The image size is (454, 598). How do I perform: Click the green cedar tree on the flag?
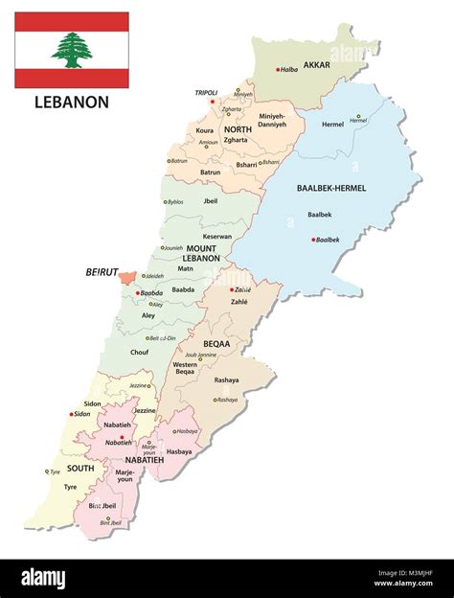pyautogui.click(x=71, y=50)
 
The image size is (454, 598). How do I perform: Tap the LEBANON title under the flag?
pyautogui.click(x=71, y=102)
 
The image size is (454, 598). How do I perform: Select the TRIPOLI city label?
pyautogui.click(x=208, y=92)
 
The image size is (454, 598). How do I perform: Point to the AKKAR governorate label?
pyautogui.click(x=316, y=65)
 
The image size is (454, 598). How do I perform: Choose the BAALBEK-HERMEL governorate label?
pyautogui.click(x=358, y=189)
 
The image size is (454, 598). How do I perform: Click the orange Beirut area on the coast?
pyautogui.click(x=126, y=277)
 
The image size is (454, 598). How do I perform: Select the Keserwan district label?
pyautogui.click(x=216, y=236)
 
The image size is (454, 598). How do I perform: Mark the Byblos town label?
pyautogui.click(x=175, y=201)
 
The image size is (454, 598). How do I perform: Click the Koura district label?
pyautogui.click(x=205, y=129)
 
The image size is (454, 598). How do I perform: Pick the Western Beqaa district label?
pyautogui.click(x=185, y=369)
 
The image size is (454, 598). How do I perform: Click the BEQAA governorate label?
pyautogui.click(x=218, y=341)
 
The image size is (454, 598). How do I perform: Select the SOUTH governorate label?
pyautogui.click(x=79, y=469)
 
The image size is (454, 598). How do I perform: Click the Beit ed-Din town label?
pyautogui.click(x=165, y=337)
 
